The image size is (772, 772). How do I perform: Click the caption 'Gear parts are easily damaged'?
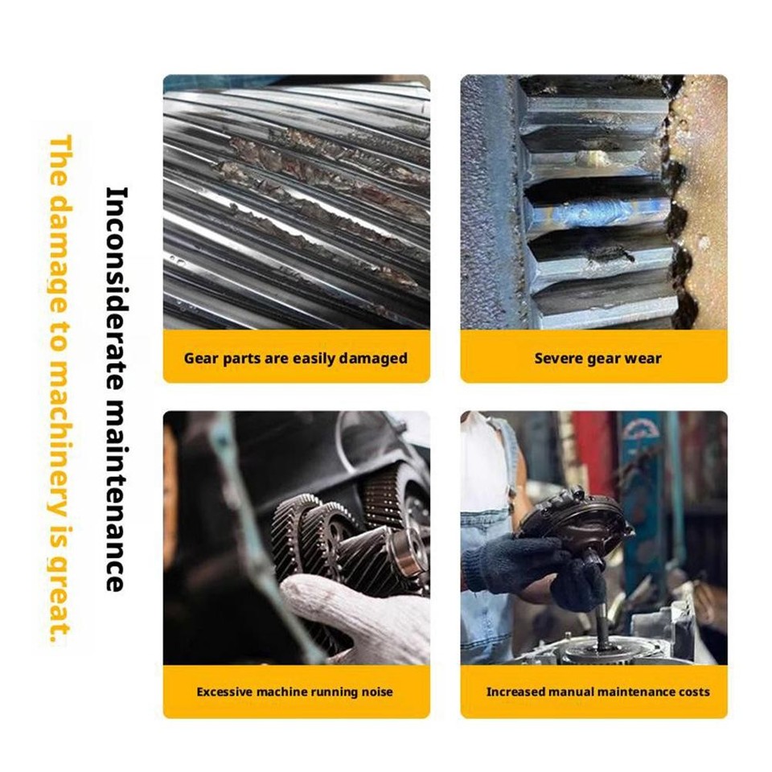click(296, 359)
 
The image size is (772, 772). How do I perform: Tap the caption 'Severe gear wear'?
click(593, 359)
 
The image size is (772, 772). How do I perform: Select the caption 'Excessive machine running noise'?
click(296, 692)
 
